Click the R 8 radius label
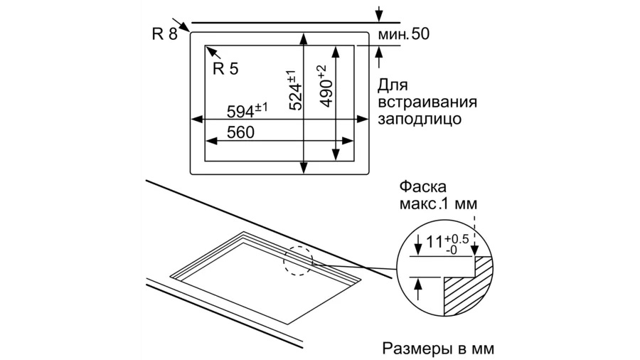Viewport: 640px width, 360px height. pos(165,34)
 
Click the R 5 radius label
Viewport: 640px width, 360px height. pos(225,68)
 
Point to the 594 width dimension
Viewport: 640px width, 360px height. pos(247,110)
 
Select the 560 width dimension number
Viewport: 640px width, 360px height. pos(240,132)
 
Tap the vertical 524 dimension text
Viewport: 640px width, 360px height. pos(296,90)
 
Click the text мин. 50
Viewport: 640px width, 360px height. pos(404,34)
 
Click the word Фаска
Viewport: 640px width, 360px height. pos(423,187)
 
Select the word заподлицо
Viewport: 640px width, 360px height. pos(420,119)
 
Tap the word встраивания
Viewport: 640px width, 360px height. pos(427,102)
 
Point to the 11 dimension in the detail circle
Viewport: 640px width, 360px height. pos(434,242)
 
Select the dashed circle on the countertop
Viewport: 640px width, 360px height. pos(298,260)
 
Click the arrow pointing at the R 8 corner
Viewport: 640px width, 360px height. pos(181,24)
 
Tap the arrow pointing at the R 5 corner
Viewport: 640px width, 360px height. pos(213,53)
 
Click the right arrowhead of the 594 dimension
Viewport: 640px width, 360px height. pos(363,120)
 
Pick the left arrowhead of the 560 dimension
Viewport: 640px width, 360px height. pos(210,141)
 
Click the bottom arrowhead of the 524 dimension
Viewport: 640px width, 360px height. pos(303,168)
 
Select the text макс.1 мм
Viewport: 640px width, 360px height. pos(438,203)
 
